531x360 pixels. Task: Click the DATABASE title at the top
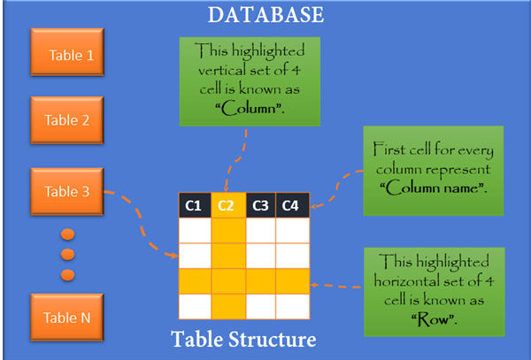click(265, 15)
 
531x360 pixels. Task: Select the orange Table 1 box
click(67, 52)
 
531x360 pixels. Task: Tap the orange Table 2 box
click(67, 120)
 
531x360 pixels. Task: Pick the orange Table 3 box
click(67, 192)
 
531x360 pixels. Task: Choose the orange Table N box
click(67, 318)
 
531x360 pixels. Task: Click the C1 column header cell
click(195, 205)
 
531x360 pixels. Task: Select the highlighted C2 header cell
click(228, 205)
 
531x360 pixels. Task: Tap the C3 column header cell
click(261, 205)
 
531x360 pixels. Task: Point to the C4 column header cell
click(293, 205)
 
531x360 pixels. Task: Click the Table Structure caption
click(243, 339)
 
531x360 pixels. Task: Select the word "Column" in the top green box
click(250, 109)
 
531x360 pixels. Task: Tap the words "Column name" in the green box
click(434, 188)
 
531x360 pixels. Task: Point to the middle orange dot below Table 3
click(68, 255)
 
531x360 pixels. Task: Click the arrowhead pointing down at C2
click(226, 189)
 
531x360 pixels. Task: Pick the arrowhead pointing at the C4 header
click(313, 206)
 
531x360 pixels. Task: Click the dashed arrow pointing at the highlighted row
click(335, 286)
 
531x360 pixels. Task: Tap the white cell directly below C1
click(195, 230)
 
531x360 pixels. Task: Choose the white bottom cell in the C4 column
click(293, 307)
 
